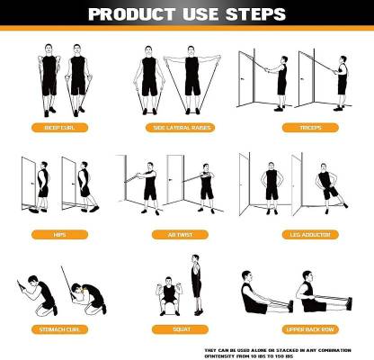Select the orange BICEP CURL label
64,127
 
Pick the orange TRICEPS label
310,127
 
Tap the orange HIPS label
64,234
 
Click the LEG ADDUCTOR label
310,234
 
